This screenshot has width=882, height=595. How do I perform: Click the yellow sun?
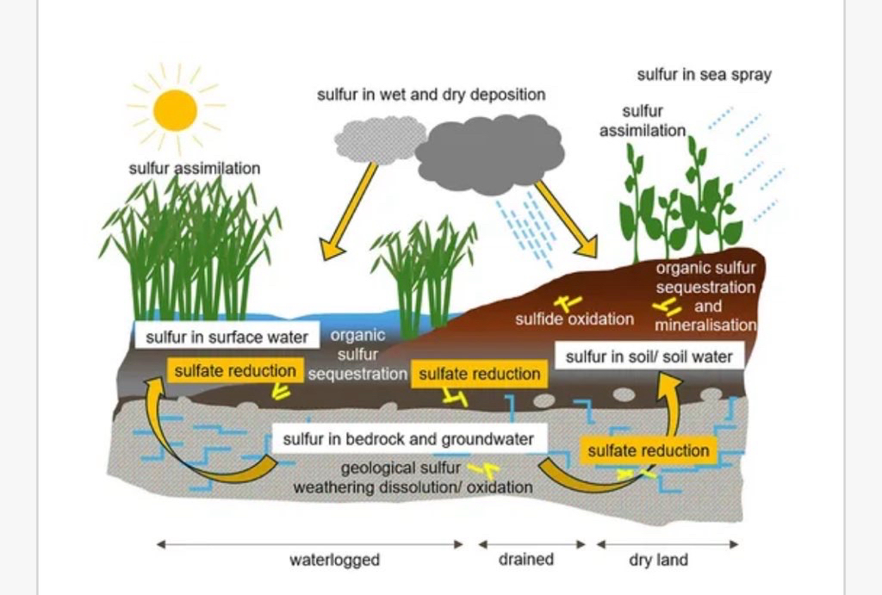[x=175, y=110]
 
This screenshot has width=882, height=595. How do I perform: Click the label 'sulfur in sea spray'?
[x=704, y=75]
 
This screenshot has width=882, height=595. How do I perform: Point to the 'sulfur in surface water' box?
[x=227, y=337]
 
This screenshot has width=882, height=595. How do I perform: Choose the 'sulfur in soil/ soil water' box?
[x=649, y=356]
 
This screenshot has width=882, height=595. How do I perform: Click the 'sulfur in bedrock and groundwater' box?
[x=408, y=439]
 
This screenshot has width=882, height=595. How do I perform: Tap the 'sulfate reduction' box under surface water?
[x=235, y=371]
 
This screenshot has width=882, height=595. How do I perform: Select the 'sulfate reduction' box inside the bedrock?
[x=648, y=450]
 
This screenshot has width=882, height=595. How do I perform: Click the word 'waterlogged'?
[x=334, y=561]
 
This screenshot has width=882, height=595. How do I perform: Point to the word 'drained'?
[x=525, y=560]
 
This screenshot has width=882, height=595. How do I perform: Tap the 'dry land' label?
[x=659, y=561]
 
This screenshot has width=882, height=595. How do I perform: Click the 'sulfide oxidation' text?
[x=575, y=319]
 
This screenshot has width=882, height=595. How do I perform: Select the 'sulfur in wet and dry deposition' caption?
[x=431, y=95]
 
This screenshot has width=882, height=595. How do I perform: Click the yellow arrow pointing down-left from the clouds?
[x=349, y=210]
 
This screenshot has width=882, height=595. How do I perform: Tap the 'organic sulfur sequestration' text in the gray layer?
[x=357, y=355]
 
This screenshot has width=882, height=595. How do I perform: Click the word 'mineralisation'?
[x=705, y=325]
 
